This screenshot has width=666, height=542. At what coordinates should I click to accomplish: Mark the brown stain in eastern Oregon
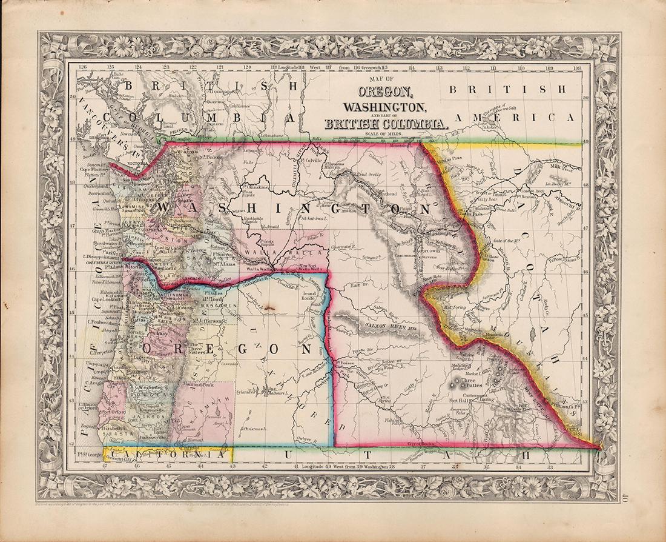pyautogui.click(x=268, y=309)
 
